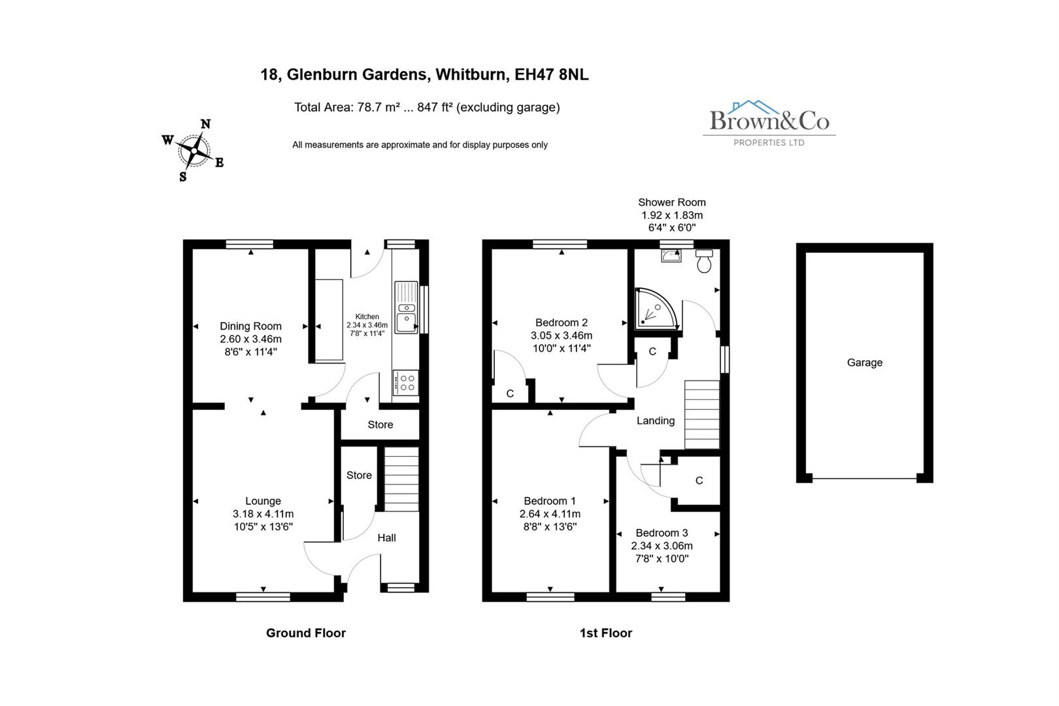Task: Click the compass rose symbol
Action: coord(194,150)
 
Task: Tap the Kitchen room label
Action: coord(367,316)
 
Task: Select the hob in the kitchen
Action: coord(405,382)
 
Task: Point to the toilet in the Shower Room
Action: coord(704,261)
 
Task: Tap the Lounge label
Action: coord(263,501)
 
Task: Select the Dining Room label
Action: coord(250,326)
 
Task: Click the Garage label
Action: coord(864,363)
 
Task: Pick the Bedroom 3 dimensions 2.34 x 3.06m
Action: coord(662,546)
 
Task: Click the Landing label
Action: coord(655,421)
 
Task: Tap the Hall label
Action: coord(386,538)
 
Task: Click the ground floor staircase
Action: coord(400,479)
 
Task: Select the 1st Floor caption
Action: coord(605,633)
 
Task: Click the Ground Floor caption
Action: coord(305,633)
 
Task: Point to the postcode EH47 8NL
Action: coord(551,75)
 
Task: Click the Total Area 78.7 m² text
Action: coord(346,107)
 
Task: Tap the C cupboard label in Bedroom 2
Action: coord(510,394)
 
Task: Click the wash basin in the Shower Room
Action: coord(671,256)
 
